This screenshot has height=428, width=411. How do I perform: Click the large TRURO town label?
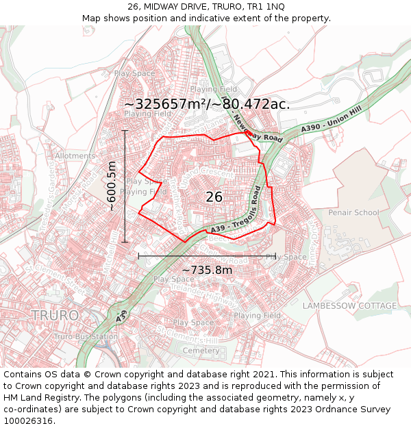pyautogui.click(x=54, y=315)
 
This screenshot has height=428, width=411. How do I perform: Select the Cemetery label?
pyautogui.click(x=201, y=351)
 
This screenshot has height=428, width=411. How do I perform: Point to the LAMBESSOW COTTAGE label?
pyautogui.click(x=349, y=305)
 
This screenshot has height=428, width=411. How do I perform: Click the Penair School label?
pyautogui.click(x=353, y=212)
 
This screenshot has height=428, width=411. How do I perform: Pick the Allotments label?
pyautogui.click(x=75, y=156)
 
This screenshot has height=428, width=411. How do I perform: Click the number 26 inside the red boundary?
pyautogui.click(x=214, y=197)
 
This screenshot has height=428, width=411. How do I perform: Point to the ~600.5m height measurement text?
pyautogui.click(x=112, y=186)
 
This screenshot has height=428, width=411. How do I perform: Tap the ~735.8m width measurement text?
pyautogui.click(x=207, y=270)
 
